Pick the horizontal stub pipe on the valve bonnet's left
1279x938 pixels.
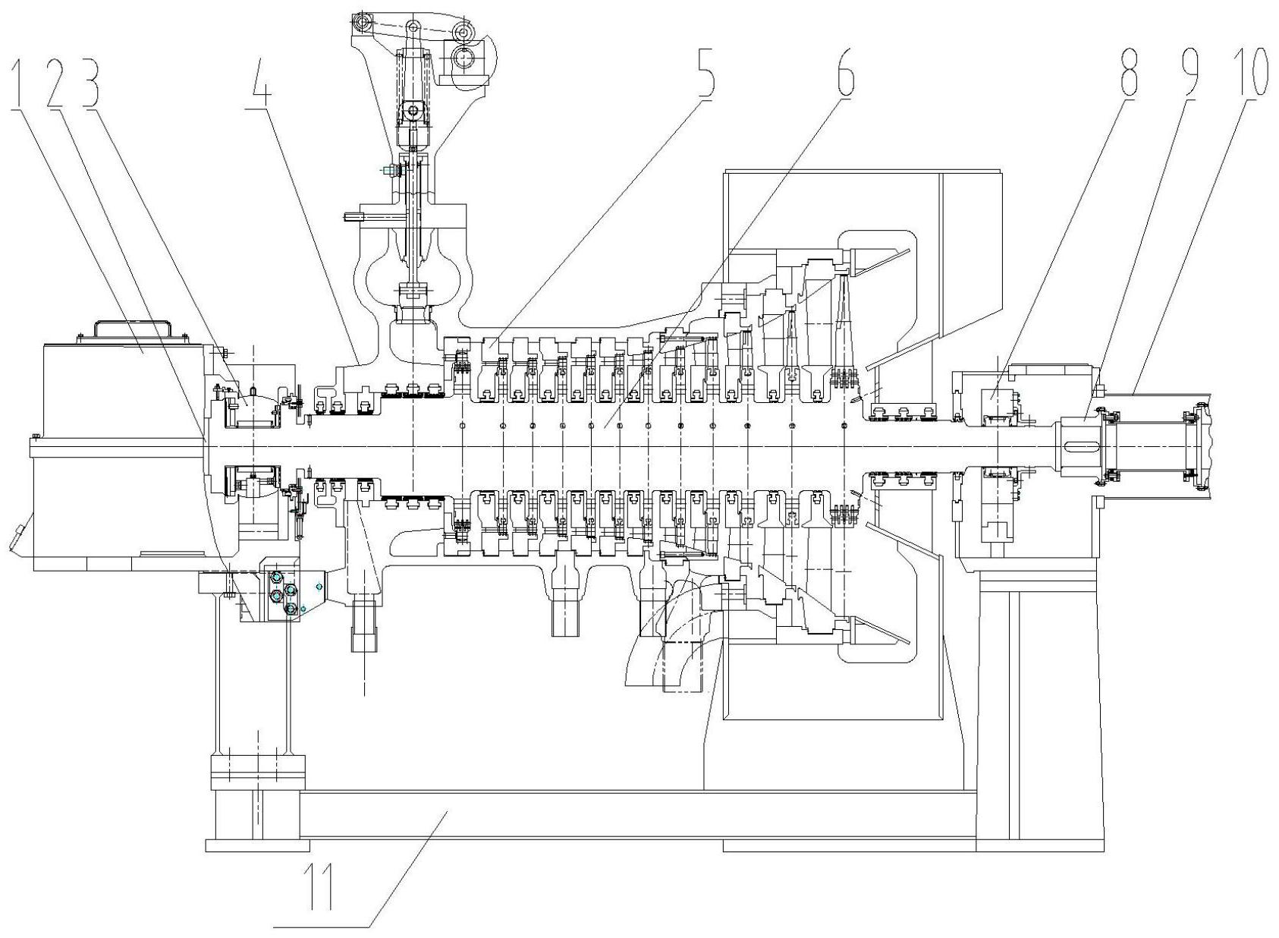354,216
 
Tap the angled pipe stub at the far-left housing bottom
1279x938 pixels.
17,538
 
